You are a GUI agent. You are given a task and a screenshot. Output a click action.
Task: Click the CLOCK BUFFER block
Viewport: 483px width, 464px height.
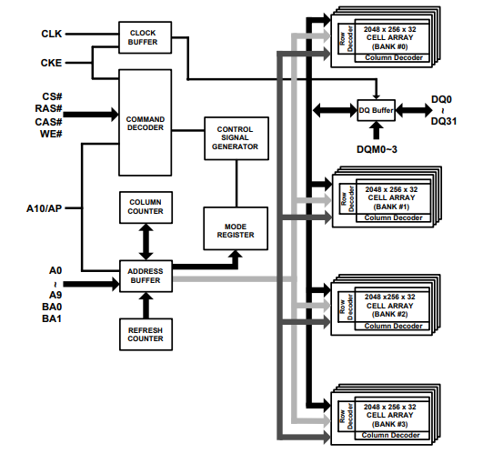[142, 35]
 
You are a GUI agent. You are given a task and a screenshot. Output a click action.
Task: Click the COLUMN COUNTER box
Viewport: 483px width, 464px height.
[146, 207]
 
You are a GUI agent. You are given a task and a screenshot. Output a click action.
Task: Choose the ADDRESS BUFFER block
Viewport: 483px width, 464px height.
[146, 275]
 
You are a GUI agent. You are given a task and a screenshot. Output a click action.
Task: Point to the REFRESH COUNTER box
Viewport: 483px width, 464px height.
[146, 334]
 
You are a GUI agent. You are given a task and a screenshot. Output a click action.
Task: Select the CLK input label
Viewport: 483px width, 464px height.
[51, 34]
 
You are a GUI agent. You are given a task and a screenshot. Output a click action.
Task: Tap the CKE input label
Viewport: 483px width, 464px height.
[51, 63]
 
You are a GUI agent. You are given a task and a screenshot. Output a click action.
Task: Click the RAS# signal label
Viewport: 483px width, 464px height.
[53, 107]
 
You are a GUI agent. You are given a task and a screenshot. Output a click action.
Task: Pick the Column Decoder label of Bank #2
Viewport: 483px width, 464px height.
[390, 326]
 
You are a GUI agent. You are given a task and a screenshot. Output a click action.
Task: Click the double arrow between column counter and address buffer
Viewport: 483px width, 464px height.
[146, 241]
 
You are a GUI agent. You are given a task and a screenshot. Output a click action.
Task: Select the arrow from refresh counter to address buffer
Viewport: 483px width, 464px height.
[146, 305]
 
